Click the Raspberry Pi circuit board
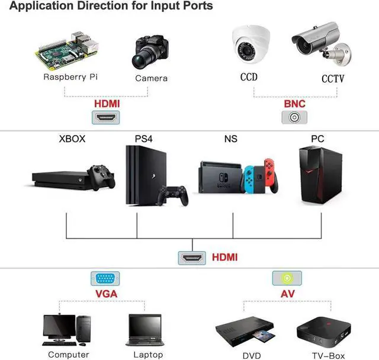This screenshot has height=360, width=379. click(x=67, y=52)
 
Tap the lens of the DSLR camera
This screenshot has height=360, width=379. click(x=139, y=61)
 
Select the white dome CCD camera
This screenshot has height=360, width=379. click(x=250, y=44)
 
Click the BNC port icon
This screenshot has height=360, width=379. click(x=294, y=117)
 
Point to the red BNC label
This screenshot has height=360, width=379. click(x=294, y=104)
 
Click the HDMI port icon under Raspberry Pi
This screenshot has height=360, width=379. click(x=105, y=117)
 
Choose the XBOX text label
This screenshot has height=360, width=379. click(x=72, y=139)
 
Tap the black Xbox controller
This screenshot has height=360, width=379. click(x=101, y=177)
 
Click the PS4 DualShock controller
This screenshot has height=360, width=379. click(x=172, y=195)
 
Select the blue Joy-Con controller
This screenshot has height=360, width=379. click(x=249, y=179)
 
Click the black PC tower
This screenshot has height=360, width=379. click(x=320, y=175)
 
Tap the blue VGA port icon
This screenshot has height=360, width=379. click(x=105, y=278)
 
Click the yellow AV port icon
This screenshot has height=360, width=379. click(x=287, y=278)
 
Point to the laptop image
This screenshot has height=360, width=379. click(x=144, y=330)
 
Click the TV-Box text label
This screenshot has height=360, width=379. click(x=328, y=356)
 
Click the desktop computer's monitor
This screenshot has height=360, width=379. click(x=59, y=327)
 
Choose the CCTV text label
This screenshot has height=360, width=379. click(x=333, y=79)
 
